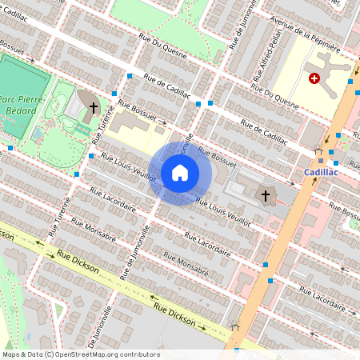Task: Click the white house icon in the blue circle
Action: [180, 173]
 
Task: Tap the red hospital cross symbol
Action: [314, 78]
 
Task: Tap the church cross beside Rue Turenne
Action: [94, 106]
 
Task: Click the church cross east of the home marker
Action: [266, 194]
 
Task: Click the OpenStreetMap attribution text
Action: [81, 354]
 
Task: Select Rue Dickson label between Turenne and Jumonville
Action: [78, 262]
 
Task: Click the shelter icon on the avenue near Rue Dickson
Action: [235, 326]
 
